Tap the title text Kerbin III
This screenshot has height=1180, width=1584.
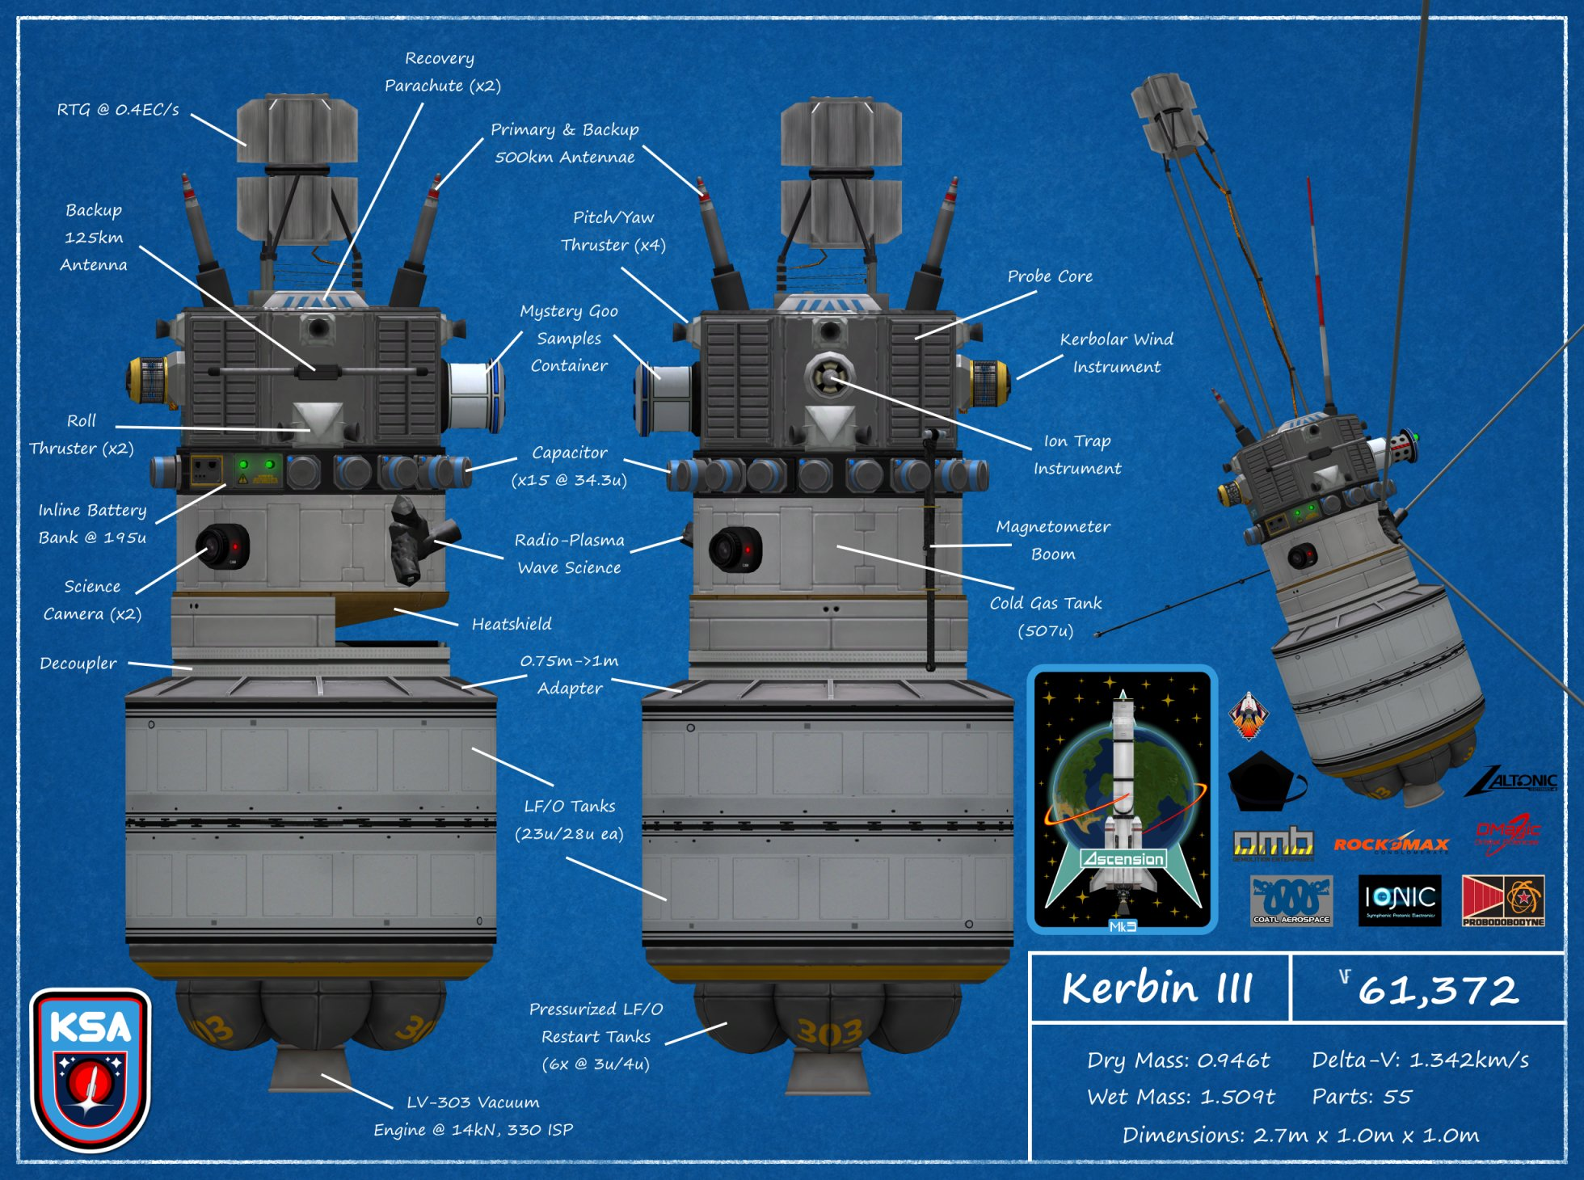click(x=1157, y=988)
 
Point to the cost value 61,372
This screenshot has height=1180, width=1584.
click(x=1437, y=990)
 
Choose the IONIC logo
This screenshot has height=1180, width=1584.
click(x=1400, y=900)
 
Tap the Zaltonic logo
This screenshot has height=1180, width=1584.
click(x=1512, y=782)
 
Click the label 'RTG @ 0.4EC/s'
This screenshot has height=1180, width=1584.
click(x=118, y=109)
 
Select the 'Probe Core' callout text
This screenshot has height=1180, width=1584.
click(x=1050, y=276)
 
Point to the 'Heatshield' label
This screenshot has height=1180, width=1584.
click(x=512, y=624)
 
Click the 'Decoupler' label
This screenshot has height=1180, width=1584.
click(x=78, y=664)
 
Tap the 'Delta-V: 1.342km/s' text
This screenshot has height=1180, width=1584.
click(x=1420, y=1060)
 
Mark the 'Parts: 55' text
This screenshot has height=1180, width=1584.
click(x=1362, y=1097)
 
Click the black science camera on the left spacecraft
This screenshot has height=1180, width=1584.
click(x=220, y=547)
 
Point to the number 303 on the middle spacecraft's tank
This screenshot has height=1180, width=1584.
click(x=829, y=1032)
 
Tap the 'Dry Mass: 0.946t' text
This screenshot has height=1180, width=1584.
click(x=1177, y=1060)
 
